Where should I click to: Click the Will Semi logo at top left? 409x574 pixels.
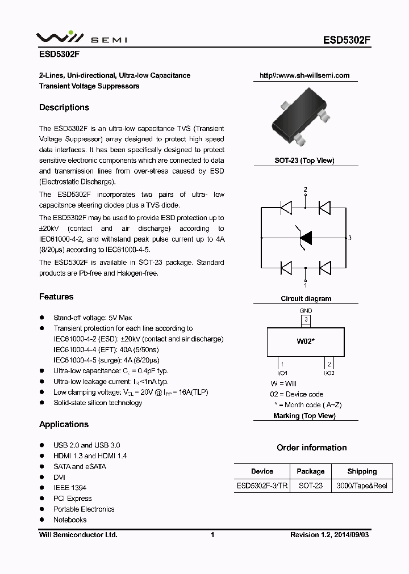coord(82,37)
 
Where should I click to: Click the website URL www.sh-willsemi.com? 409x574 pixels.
coord(304,75)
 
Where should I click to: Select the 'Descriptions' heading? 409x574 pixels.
coord(64,108)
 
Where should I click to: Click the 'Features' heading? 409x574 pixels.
coord(56,297)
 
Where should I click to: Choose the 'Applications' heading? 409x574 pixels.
coord(64,424)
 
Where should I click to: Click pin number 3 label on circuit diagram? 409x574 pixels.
coord(350,238)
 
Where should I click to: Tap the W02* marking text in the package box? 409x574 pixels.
coord(306,341)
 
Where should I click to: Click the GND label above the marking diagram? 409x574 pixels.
coord(306,311)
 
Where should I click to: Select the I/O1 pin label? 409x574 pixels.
coord(282,373)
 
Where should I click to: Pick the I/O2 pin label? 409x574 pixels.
coord(329,373)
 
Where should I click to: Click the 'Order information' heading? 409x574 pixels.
coord(311,448)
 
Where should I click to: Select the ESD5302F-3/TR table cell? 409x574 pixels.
coord(262,486)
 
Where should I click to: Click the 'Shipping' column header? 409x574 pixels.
coord(362,471)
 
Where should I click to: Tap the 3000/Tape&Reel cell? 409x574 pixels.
coord(362,486)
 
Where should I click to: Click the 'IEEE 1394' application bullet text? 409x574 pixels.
coord(70,488)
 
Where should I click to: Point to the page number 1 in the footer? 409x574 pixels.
coord(212,535)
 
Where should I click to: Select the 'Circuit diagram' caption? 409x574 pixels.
coord(306,298)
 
